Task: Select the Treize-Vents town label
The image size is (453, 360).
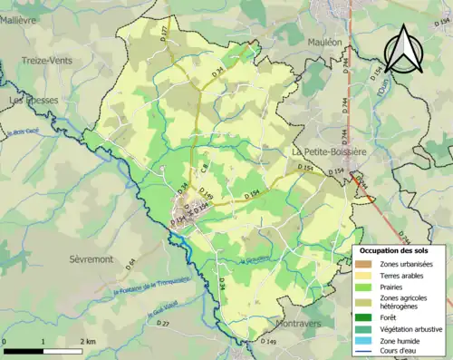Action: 47,61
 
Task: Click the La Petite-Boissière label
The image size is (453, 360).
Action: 329,151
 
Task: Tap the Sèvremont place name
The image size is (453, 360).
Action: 92,258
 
